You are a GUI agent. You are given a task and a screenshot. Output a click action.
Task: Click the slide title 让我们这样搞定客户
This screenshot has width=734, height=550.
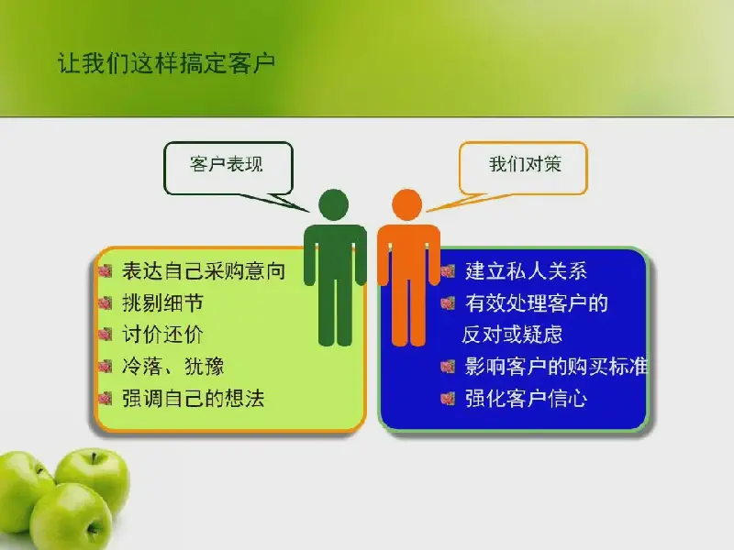coord(166,63)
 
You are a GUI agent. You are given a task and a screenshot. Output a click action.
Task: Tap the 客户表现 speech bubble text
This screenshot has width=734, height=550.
coord(226,164)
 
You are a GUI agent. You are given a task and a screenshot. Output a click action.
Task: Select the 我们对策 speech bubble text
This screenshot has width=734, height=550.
coord(525,164)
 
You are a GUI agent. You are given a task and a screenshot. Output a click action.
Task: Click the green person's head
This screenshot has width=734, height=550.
coord(334,204)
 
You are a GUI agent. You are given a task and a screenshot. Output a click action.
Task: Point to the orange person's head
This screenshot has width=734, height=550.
coord(406,204)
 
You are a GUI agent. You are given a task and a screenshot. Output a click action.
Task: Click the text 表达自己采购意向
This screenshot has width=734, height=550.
coord(204,270)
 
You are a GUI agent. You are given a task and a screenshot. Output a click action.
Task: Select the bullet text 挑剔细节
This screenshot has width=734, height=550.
coord(162,302)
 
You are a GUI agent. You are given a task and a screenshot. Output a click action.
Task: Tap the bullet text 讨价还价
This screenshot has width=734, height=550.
coord(162,335)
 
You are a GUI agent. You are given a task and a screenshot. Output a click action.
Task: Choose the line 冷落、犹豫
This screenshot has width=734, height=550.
coord(172,366)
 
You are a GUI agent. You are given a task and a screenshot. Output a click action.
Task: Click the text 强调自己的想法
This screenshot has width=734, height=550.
coord(194,399)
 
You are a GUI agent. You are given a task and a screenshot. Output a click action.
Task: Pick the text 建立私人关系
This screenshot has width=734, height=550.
coord(526,270)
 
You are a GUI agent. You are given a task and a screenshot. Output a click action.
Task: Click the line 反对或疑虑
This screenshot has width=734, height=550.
coord(512,335)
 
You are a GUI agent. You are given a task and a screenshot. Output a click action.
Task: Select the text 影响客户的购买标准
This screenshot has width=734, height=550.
coord(556,366)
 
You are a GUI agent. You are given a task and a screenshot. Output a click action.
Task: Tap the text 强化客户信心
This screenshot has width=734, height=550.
coord(526,399)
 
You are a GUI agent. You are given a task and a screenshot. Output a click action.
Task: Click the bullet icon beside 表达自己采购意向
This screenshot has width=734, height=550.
coord(106,270)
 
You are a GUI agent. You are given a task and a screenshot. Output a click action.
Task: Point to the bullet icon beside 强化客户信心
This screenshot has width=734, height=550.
coord(448,399)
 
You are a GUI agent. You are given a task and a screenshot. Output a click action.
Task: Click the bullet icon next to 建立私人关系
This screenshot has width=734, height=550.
coord(448,270)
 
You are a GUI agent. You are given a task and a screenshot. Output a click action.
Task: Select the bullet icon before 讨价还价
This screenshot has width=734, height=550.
coord(106,335)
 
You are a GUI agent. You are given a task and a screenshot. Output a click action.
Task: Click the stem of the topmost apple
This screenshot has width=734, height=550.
coord(94,457)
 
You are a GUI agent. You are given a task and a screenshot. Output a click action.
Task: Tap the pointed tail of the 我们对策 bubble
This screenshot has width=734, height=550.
coord(427,212)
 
